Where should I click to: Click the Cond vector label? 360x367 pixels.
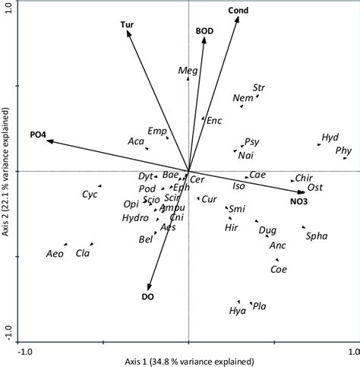(x=238, y=10)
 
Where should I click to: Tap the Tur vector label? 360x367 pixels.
(x=128, y=25)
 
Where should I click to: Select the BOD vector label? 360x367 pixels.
(x=204, y=31)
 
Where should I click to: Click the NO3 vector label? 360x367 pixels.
(x=298, y=201)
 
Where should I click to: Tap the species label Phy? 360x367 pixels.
(x=343, y=150)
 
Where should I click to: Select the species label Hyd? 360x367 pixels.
(x=330, y=138)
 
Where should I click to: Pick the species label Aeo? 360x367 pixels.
(x=55, y=254)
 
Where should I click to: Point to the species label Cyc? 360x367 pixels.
(x=90, y=195)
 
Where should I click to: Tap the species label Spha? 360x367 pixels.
(x=316, y=236)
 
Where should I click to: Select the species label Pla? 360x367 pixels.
(x=259, y=305)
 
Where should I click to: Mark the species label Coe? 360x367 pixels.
(x=279, y=269)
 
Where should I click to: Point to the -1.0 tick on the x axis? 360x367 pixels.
(x=25, y=351)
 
